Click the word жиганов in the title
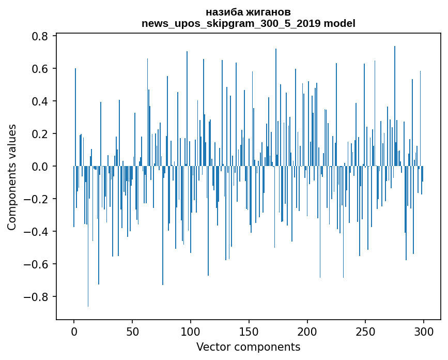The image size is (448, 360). pos(271,12)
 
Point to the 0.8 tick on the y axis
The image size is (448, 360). pos(41,36)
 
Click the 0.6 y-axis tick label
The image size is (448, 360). pos(41,69)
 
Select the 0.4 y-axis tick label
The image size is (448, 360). pos(41,101)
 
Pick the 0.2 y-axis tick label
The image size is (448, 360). pos(41,134)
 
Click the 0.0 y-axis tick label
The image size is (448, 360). pos(41,167)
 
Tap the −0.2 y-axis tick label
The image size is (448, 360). pos(38,199)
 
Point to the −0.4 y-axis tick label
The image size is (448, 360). pos(38,232)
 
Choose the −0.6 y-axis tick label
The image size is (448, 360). pos(38,264)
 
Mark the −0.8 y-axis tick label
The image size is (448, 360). pos(38,297)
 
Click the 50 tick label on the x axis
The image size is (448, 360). pos(132,331)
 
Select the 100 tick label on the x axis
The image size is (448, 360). pos(191,331)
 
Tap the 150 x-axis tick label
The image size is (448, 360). pos(249,331)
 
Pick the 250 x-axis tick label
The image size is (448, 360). pos(366,331)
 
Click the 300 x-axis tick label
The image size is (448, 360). pos(424,331)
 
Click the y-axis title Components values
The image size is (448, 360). pos(12,177)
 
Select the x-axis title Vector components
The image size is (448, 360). pos(248,347)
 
